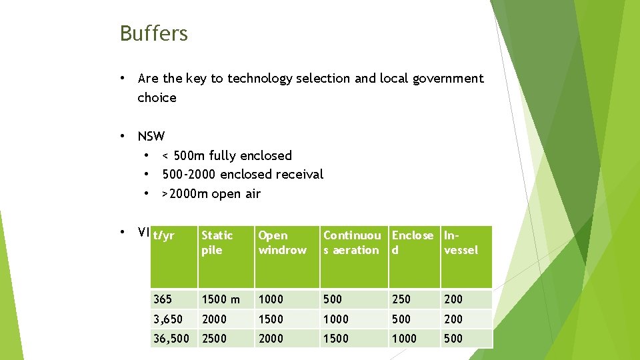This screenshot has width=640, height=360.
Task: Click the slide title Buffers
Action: pos(154,33)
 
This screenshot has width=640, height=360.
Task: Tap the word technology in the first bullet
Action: pos(258,79)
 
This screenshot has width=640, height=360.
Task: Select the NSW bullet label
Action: pos(151,137)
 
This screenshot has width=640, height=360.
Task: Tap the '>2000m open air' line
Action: pos(211,194)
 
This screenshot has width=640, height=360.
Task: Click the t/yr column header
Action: pos(163,235)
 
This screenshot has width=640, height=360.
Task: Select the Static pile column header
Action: pos(217,243)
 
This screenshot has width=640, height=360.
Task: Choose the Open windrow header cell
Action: pos(282,243)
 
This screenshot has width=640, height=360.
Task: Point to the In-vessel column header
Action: pos(461,243)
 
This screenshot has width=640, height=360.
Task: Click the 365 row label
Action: pos(163,299)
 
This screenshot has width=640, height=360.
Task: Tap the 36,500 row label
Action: pos(171,339)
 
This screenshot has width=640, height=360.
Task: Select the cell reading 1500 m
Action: pos(221,299)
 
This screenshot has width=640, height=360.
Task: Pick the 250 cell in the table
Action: pos(402,299)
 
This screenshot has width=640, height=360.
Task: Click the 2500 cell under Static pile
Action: pos(214,339)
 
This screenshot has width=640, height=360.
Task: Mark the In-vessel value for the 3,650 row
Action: pos(453,319)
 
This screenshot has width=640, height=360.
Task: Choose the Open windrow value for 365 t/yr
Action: pos(271,299)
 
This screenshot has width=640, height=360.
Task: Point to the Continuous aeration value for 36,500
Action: pos(336,339)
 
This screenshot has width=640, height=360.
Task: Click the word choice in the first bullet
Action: pos(157,98)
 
